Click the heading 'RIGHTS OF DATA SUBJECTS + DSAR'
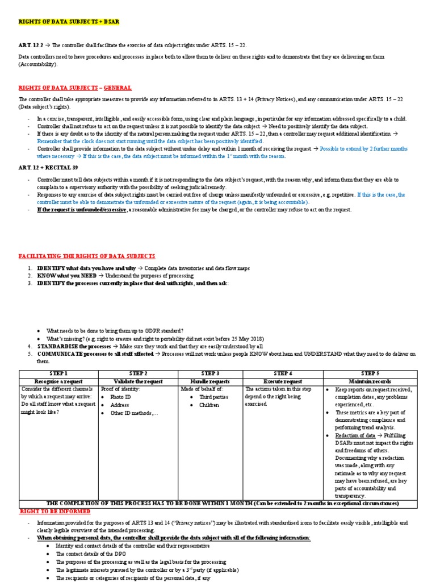point(69,22)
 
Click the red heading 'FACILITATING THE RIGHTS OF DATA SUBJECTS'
point(87,256)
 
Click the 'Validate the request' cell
point(139,381)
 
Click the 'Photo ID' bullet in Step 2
point(120,397)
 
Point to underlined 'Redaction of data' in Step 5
point(355,435)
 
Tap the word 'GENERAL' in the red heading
point(117,88)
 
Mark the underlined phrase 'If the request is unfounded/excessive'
point(82,209)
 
